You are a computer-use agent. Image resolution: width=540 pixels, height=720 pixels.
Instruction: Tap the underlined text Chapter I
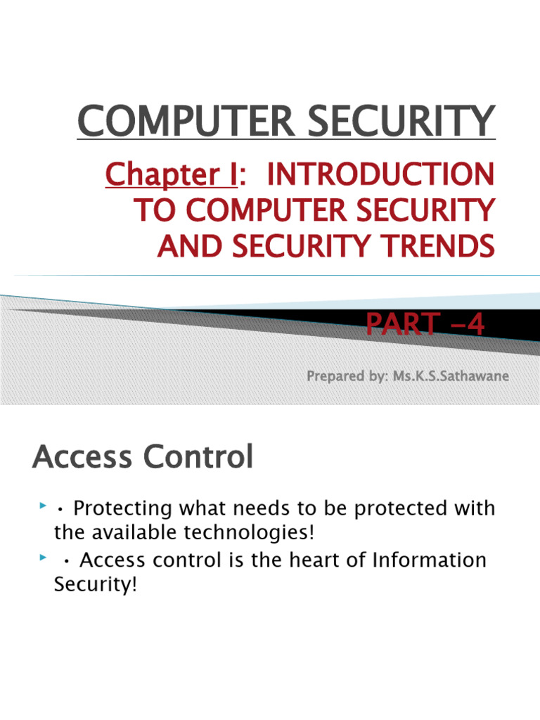[171, 174]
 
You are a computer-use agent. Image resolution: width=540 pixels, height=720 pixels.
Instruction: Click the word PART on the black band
[399, 326]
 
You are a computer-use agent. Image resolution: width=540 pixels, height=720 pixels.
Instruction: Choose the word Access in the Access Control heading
[82, 458]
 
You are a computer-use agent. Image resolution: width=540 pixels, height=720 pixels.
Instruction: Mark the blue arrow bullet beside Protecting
[44, 506]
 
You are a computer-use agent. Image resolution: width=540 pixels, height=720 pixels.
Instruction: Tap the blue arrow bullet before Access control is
[44, 558]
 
